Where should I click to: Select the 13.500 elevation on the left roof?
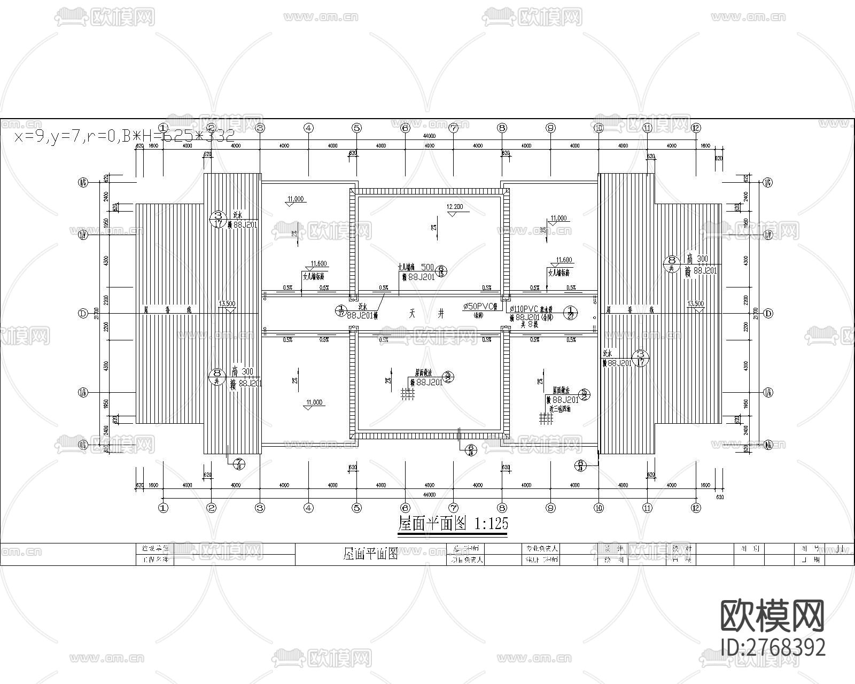[x=227, y=304]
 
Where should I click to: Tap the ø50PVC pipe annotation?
[x=480, y=307]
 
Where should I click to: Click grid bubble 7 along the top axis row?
[x=453, y=128]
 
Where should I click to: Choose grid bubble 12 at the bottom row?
[x=695, y=508]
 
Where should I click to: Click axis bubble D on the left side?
[x=83, y=314]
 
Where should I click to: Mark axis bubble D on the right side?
[x=768, y=314]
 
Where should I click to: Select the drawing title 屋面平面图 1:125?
[x=453, y=523]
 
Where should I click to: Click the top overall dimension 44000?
[x=429, y=136]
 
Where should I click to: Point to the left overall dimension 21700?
[x=97, y=313]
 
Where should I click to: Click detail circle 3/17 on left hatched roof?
[x=217, y=219]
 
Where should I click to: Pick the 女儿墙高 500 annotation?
[x=416, y=267]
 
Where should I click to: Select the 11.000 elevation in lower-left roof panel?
[x=314, y=402]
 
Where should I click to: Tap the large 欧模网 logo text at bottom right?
[x=772, y=616]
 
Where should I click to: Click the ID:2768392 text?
[x=773, y=647]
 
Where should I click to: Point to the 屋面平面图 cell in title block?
[x=370, y=554]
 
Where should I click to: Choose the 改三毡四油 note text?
[x=559, y=408]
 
